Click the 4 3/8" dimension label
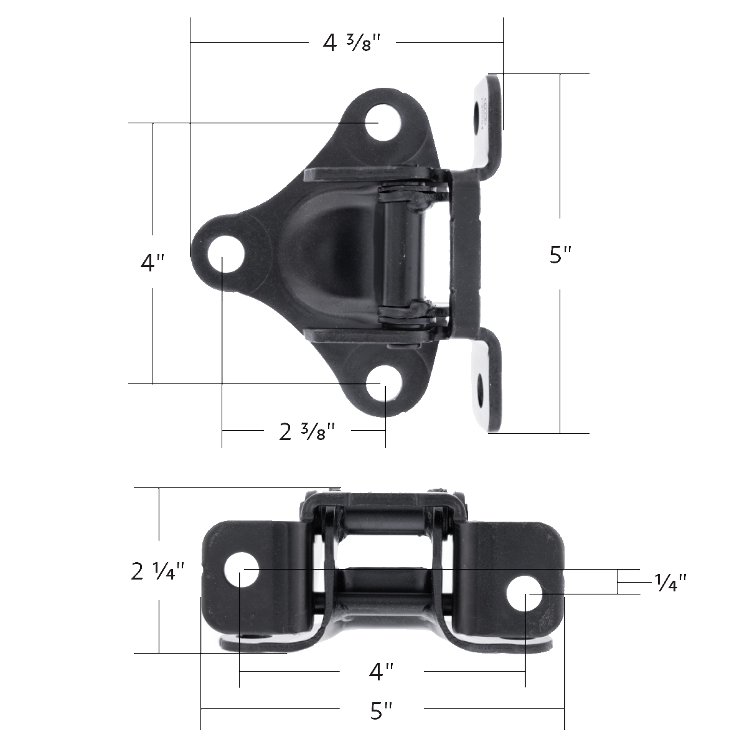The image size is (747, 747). click(351, 43)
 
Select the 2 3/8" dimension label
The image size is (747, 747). click(308, 431)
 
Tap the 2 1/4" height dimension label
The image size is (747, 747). click(158, 571)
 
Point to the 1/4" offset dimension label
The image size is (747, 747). click(670, 583)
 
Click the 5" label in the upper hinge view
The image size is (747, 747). click(560, 255)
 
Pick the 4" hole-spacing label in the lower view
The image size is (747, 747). click(381, 672)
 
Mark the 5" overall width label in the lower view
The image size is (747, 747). click(381, 710)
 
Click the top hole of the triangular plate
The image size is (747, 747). click(381, 123)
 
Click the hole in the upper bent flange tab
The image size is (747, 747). click(480, 115)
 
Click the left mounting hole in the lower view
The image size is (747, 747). click(241, 570)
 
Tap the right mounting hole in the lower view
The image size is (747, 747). click(525, 594)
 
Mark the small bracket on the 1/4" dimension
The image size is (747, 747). click(619, 583)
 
